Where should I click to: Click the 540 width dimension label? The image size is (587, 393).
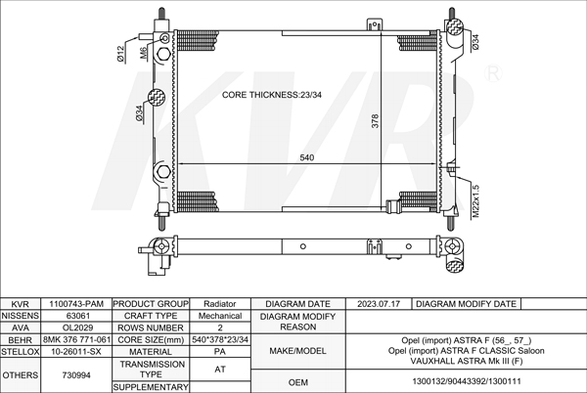tap(306, 157)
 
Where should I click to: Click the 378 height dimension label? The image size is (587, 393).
tap(375, 121)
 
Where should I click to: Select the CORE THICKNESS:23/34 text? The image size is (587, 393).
tap(272, 95)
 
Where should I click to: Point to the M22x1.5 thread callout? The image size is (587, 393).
tap(475, 201)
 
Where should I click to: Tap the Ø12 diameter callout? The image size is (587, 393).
tap(120, 54)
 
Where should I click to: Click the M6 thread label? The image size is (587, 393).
tap(144, 53)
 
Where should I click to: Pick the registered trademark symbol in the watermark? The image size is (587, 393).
tap(493, 73)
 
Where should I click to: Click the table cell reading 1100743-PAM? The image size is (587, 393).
tap(76, 304)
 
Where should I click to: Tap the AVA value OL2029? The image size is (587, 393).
tap(77, 327)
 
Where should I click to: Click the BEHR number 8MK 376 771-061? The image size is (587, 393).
tap(76, 339)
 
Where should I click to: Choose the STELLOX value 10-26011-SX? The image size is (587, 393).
tap(76, 352)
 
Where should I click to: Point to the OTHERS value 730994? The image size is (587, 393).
tap(76, 375)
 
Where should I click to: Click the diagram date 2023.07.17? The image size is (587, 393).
tap(379, 304)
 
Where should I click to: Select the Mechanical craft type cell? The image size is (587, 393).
tap(220, 316)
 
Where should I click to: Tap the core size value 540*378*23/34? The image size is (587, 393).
tap(220, 339)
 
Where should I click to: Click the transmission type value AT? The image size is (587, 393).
tap(220, 370)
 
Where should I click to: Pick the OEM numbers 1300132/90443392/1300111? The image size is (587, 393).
tap(467, 381)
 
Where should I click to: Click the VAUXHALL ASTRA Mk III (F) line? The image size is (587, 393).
tap(467, 361)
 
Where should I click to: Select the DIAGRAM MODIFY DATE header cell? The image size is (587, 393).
tap(466, 304)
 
